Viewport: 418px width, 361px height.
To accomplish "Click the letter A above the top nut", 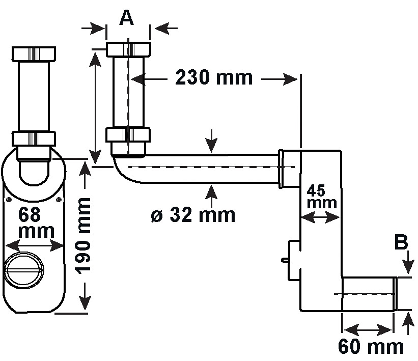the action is (126, 18).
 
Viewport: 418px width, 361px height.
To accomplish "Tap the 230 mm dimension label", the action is (213, 77).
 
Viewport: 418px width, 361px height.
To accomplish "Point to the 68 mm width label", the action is (36, 223).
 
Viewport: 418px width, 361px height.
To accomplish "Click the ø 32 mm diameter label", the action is (193, 215).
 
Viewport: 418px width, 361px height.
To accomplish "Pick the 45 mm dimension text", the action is (322, 197).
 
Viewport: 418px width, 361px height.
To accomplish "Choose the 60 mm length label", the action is (371, 347).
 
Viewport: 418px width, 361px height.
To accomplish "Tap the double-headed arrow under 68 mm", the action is (35, 245).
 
